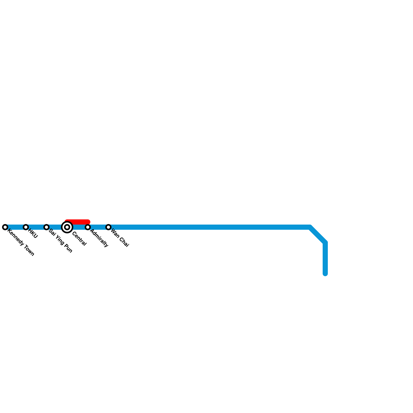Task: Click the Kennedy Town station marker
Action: point(5,227)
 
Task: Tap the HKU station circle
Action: point(26,227)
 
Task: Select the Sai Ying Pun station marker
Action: point(46,227)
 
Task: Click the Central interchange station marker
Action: point(67,227)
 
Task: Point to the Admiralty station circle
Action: point(88,227)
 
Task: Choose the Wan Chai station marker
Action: point(108,227)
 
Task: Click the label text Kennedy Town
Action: point(21,242)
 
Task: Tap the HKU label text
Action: point(33,234)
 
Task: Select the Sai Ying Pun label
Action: point(60,241)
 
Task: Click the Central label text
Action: point(79,239)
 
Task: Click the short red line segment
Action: point(77,222)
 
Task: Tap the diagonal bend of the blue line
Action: point(318,235)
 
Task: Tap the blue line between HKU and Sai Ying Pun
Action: point(36,227)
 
